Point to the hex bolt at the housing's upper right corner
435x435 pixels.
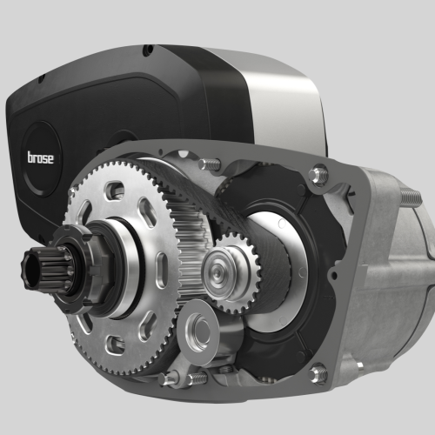pos(318,174)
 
